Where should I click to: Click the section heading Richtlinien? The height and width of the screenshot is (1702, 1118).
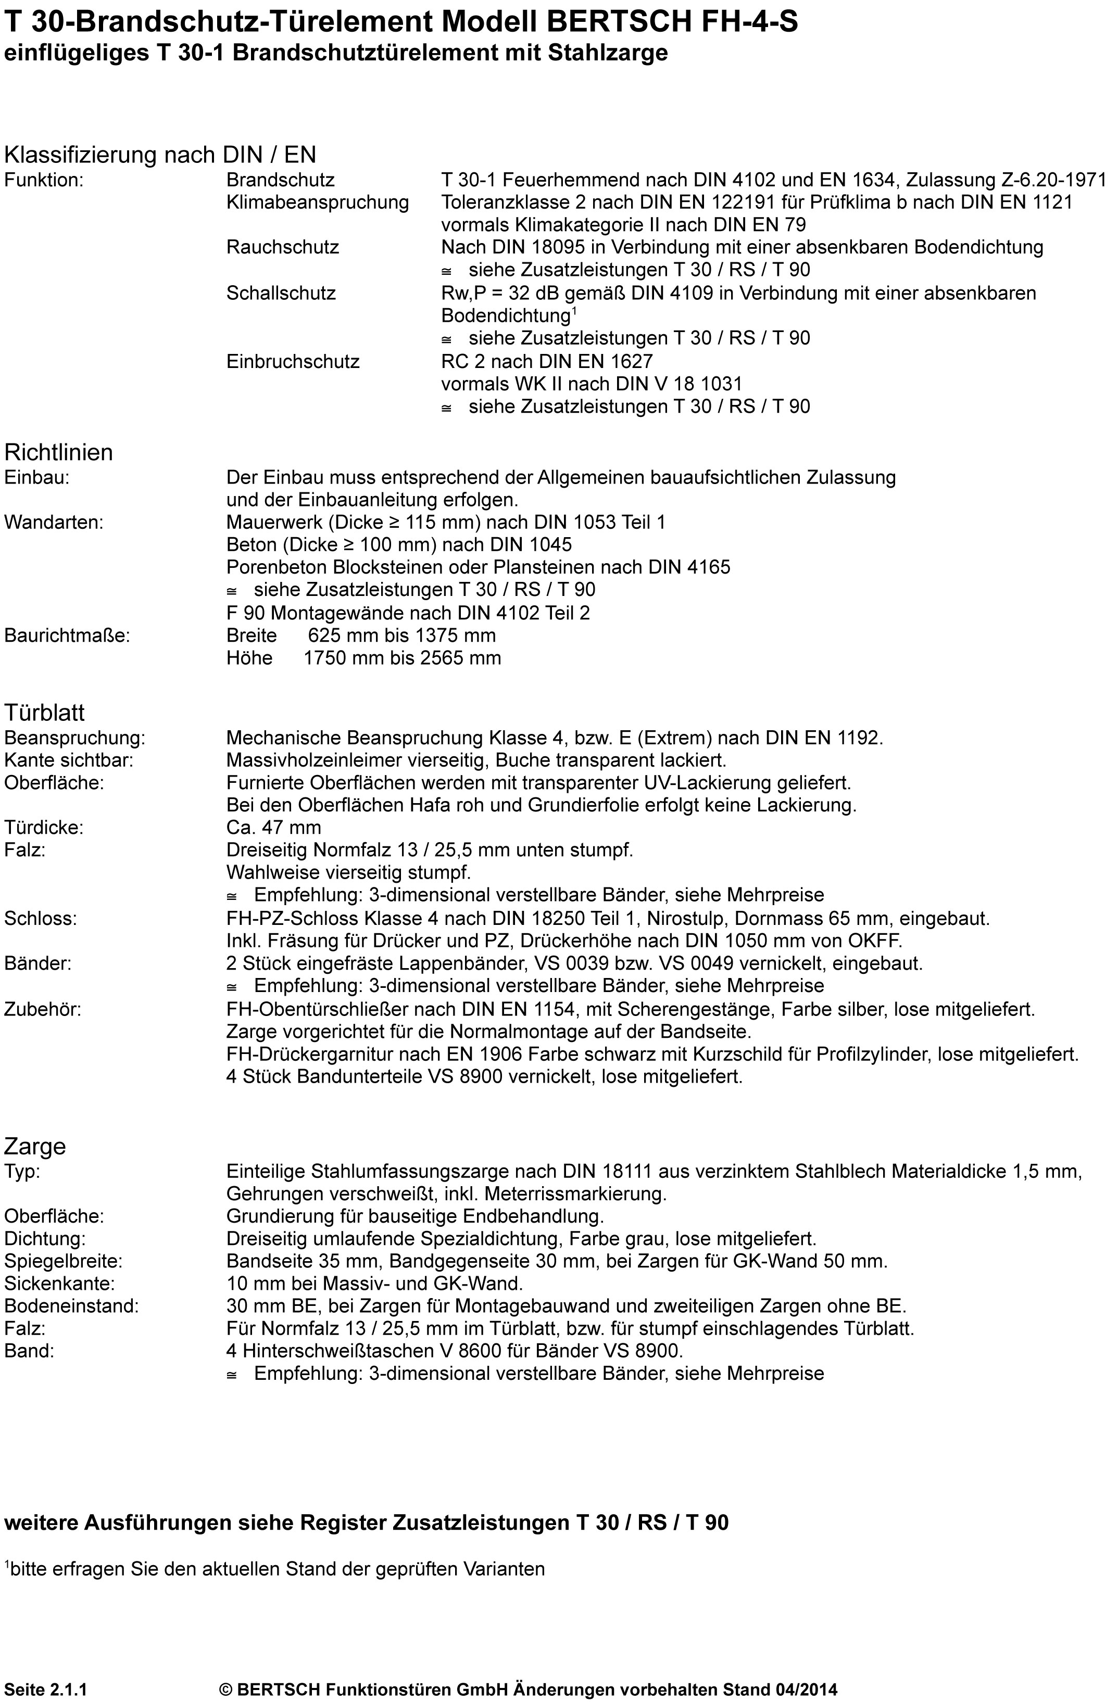(x=59, y=453)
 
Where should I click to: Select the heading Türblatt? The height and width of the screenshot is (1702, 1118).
(x=44, y=713)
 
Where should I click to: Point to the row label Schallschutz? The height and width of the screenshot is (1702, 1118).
(x=280, y=293)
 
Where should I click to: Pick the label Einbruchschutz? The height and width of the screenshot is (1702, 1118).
(x=293, y=362)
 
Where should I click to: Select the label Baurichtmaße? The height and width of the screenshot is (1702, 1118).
(x=67, y=635)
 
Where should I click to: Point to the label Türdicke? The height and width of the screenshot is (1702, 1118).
(x=44, y=828)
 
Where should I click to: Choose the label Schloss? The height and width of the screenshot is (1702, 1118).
(x=40, y=919)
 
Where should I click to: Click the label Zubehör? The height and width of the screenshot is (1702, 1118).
(x=43, y=1010)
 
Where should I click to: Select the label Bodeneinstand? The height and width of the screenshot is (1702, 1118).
(x=71, y=1306)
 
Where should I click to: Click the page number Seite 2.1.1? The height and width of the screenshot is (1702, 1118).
(x=46, y=1689)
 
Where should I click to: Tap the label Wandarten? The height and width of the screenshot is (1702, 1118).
(x=54, y=522)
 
